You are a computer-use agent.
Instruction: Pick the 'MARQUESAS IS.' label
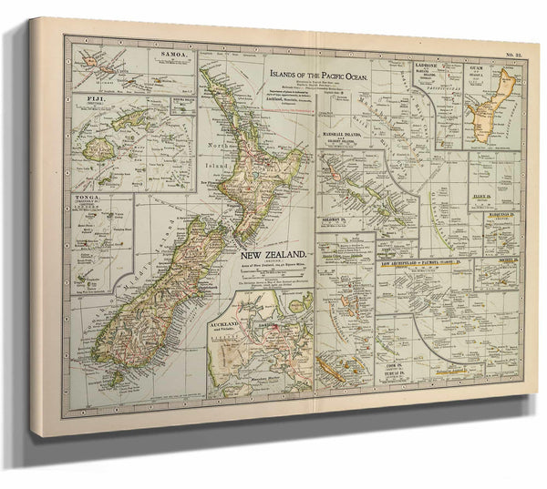pos(498,214)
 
